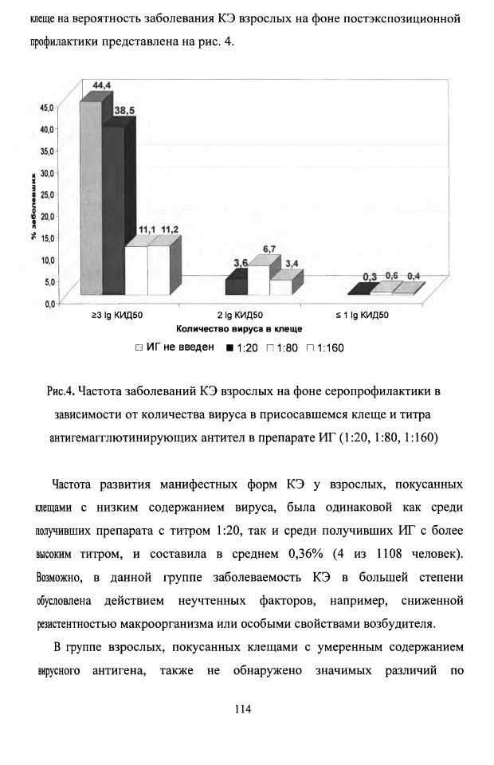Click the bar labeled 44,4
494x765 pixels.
pyautogui.click(x=92, y=197)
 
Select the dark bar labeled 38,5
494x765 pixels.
pyautogui.click(x=114, y=210)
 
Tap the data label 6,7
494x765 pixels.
pyautogui.click(x=269, y=249)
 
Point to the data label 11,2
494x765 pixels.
pyautogui.click(x=170, y=229)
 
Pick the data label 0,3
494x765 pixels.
pyautogui.click(x=370, y=277)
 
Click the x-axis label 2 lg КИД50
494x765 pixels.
pyautogui.click(x=240, y=316)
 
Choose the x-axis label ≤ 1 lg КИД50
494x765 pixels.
pyautogui.click(x=363, y=316)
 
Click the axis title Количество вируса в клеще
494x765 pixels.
pyautogui.click(x=239, y=329)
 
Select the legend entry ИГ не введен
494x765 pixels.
pyautogui.click(x=174, y=347)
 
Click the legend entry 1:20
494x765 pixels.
pyautogui.click(x=242, y=348)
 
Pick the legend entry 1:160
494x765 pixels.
pyautogui.click(x=325, y=348)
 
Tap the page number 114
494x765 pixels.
pyautogui.click(x=243, y=709)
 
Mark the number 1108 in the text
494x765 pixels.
pyautogui.click(x=389, y=555)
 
